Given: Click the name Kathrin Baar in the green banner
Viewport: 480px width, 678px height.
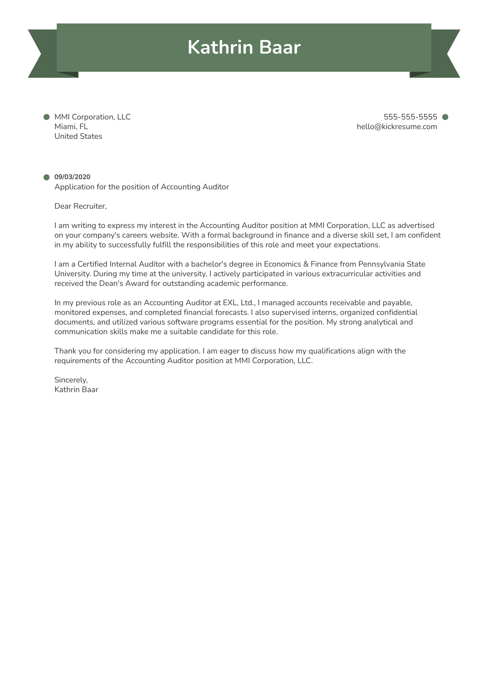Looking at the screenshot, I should tap(244, 48).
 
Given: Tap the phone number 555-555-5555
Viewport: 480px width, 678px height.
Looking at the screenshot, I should tap(410, 117).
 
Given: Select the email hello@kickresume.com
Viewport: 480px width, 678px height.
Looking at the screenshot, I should tap(397, 127).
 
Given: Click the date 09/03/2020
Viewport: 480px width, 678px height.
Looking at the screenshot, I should tap(72, 177).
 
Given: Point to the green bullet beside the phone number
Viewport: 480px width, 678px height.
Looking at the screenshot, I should tap(445, 117).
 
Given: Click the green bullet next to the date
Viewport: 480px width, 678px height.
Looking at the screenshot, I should tap(46, 177).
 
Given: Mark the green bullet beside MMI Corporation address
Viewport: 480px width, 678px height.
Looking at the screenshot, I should tap(46, 117).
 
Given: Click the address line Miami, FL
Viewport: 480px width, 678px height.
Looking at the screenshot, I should tap(71, 127).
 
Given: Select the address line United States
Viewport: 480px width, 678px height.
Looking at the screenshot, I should tap(78, 137).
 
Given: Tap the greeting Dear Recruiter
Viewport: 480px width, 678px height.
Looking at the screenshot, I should tap(80, 206).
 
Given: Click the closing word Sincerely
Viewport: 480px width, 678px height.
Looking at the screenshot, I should tap(71, 380).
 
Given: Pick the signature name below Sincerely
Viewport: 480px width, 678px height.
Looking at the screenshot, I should tap(76, 390).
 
